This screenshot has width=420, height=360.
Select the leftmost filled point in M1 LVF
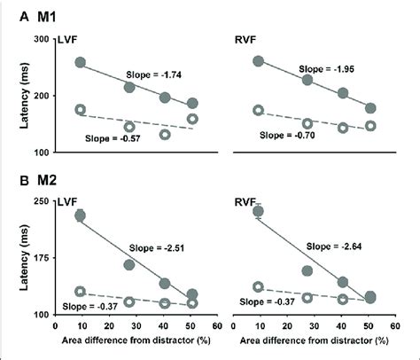(x=81, y=63)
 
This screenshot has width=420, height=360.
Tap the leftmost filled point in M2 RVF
(x=259, y=211)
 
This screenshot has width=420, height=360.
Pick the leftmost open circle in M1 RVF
(x=259, y=110)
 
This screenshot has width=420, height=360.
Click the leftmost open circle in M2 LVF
(x=81, y=292)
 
